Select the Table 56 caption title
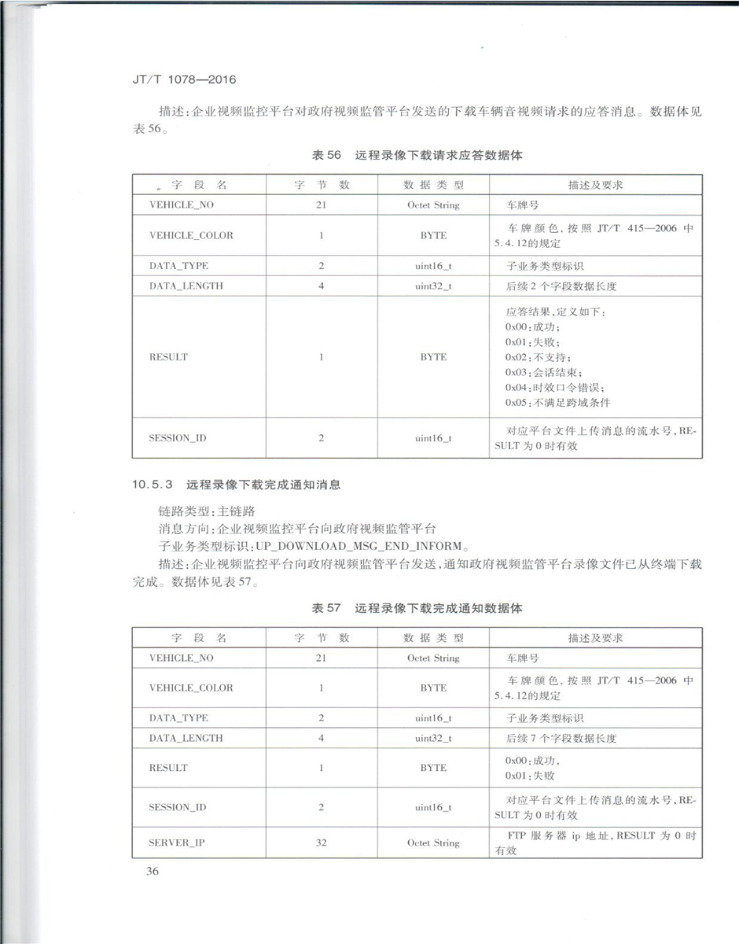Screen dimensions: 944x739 point(417,156)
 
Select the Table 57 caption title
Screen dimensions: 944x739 point(417,608)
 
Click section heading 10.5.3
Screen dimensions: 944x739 point(237,485)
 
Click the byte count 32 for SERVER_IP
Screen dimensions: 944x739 point(321,843)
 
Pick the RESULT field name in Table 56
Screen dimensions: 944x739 point(168,357)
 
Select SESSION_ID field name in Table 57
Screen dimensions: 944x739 point(177,807)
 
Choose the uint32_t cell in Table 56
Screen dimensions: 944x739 point(432,286)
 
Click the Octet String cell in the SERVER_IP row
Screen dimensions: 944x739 point(432,843)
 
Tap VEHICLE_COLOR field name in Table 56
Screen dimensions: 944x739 point(191,235)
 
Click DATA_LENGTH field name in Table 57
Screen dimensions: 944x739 point(186,738)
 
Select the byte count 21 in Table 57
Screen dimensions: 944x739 point(321,658)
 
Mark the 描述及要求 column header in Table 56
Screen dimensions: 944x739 point(595,185)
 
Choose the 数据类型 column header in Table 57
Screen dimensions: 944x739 point(432,638)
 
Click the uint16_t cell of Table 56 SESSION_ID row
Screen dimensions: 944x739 point(432,438)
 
